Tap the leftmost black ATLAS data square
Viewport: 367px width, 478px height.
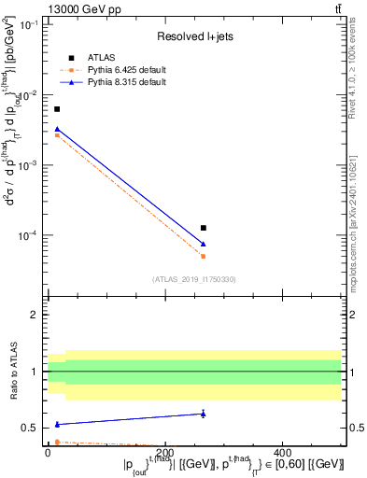coord(57,109)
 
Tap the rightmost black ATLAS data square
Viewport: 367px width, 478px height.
coord(204,228)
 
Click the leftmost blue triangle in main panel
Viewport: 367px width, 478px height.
coord(57,129)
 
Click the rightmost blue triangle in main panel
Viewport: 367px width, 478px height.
coord(204,244)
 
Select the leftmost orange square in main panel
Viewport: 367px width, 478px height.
coord(57,135)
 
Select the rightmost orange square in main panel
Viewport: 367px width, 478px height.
coord(204,256)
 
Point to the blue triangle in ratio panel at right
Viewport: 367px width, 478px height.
coord(204,414)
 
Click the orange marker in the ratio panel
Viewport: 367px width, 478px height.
coord(57,442)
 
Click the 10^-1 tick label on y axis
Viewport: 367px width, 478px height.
coord(29,25)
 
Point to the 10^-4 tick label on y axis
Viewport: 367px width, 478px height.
coord(29,235)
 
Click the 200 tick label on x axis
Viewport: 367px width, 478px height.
coord(165,453)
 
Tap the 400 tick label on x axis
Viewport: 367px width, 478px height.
coord(285,453)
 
